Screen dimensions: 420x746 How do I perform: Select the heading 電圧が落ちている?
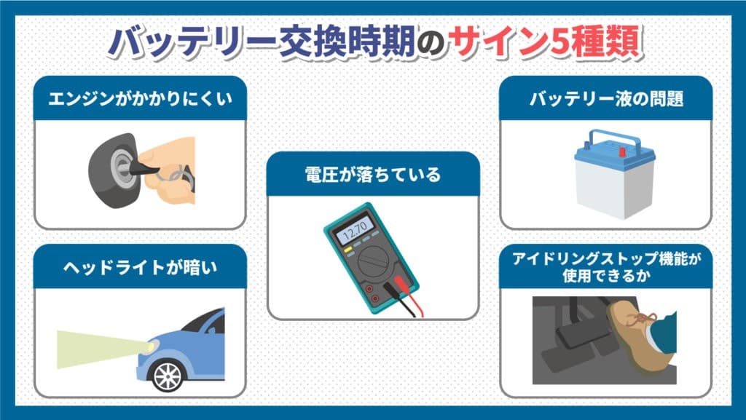pyautogui.click(x=372, y=175)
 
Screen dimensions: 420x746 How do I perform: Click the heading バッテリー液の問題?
pyautogui.click(x=606, y=100)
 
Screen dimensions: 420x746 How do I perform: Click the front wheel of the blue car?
pyautogui.click(x=168, y=374)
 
